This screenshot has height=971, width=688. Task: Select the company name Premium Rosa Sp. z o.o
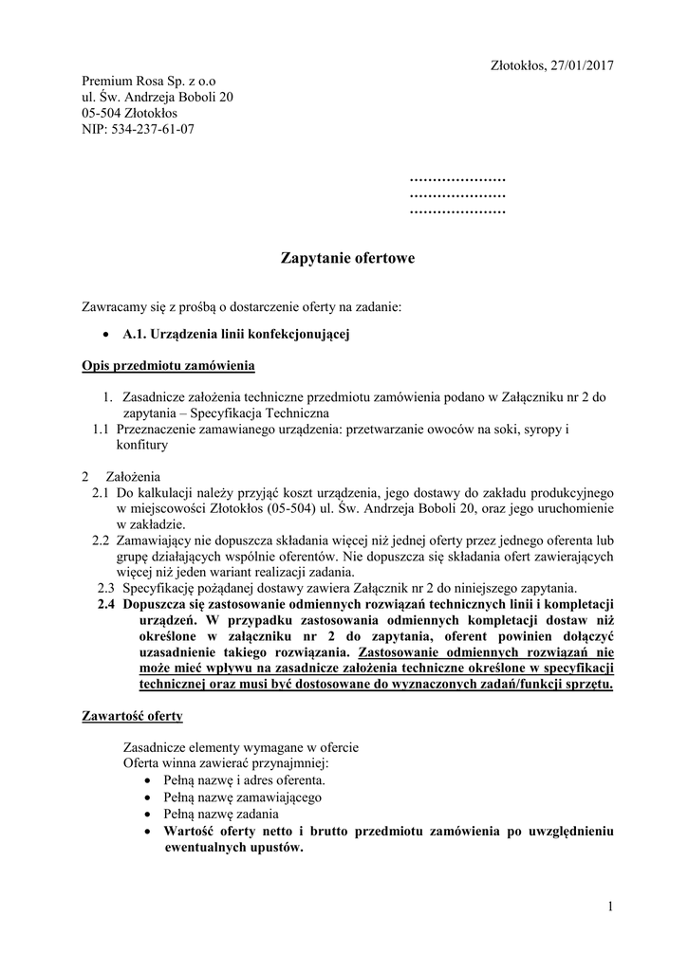(x=149, y=82)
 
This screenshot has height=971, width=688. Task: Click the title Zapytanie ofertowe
(x=347, y=257)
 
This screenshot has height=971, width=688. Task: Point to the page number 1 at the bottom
(x=610, y=907)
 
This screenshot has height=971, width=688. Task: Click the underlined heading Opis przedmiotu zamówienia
(x=168, y=365)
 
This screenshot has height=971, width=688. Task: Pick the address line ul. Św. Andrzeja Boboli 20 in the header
(x=158, y=98)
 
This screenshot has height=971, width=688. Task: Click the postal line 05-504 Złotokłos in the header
(x=129, y=113)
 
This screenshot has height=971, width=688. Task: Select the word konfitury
(x=142, y=445)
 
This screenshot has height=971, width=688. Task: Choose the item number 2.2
(x=101, y=540)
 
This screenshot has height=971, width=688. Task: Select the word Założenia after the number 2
(x=133, y=476)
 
